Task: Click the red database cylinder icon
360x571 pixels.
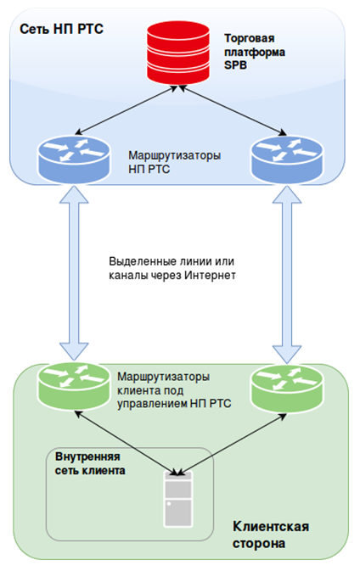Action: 178,53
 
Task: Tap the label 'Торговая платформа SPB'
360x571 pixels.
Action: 255,52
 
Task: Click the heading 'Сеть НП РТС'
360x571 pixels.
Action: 62,29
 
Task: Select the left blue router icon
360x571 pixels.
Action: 74,159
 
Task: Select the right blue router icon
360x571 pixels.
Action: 287,160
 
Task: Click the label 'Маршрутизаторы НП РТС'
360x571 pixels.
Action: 175,162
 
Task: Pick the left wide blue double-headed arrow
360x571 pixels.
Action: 74,273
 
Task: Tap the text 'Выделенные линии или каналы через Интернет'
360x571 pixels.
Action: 172,268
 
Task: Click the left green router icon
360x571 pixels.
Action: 74,386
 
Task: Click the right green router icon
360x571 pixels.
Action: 287,389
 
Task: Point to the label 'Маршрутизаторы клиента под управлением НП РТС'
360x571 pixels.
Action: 174,390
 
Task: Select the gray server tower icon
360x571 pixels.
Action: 178,498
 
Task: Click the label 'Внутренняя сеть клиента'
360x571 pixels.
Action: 90,463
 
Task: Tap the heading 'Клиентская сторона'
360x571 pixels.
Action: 271,535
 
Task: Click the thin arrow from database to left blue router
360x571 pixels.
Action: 126,110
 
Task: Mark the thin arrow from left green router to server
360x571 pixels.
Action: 126,443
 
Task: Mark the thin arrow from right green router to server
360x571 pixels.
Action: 232,445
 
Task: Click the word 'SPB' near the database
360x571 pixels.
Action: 235,65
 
